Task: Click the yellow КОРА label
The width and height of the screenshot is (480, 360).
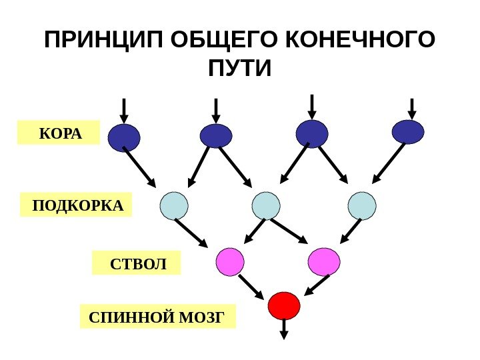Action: click(59, 133)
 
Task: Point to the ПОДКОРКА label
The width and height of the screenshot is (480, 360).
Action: click(77, 205)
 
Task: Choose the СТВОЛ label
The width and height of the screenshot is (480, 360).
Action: click(137, 263)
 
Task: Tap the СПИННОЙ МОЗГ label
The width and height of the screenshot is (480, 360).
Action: click(157, 315)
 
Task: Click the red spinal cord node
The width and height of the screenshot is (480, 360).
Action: click(283, 306)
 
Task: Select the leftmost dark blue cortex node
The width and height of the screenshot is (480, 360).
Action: click(124, 137)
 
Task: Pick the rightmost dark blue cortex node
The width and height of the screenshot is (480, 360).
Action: click(408, 132)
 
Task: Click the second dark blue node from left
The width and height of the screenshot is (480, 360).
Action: click(216, 135)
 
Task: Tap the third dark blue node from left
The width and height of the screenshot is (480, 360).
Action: click(312, 133)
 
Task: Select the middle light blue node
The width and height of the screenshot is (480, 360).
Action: click(265, 205)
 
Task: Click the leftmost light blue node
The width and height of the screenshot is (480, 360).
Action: click(174, 205)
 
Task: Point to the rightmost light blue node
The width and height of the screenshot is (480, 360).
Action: click(362, 205)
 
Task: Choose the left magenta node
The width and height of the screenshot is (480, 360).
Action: click(229, 261)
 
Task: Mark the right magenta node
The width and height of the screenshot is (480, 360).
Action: click(325, 261)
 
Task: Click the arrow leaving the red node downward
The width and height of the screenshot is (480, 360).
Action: click(283, 329)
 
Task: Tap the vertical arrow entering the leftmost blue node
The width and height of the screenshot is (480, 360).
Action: click(124, 110)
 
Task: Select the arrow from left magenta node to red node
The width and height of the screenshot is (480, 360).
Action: click(251, 287)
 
